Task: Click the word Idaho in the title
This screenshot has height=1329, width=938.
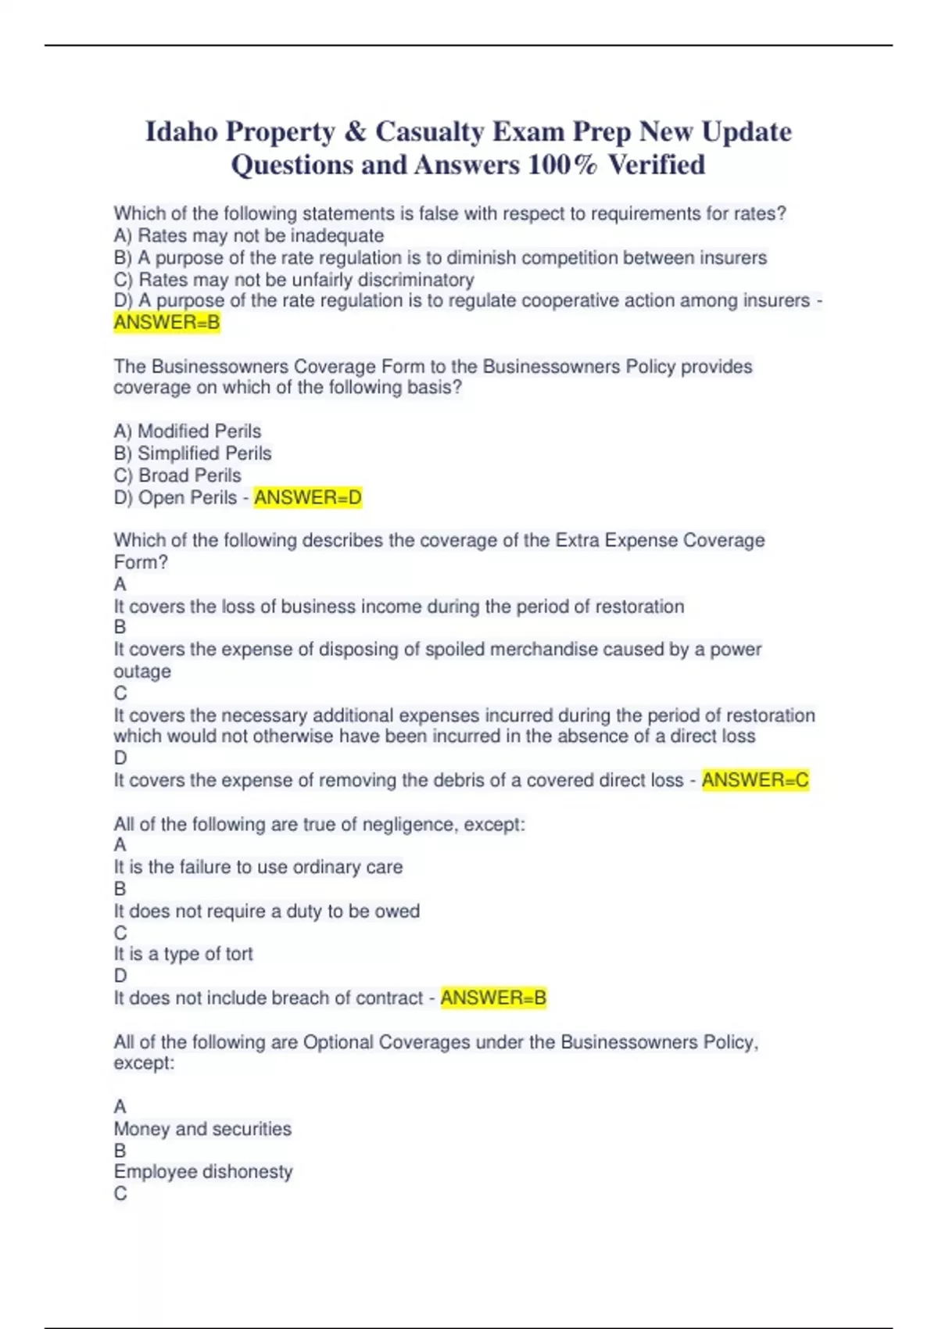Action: (181, 131)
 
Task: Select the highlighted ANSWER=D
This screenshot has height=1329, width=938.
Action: (308, 498)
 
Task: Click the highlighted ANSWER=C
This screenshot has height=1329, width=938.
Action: (755, 780)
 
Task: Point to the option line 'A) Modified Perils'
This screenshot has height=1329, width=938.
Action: (188, 432)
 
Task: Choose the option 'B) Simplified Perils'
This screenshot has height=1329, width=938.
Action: (192, 453)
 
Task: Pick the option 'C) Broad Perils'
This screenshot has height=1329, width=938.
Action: (177, 475)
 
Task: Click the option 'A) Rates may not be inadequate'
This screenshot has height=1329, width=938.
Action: (249, 236)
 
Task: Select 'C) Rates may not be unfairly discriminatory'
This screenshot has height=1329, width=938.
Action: (294, 280)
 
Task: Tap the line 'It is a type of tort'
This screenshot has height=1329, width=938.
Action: (183, 955)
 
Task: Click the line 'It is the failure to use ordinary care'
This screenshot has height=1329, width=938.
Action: (258, 868)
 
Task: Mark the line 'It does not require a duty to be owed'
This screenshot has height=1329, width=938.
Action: (267, 912)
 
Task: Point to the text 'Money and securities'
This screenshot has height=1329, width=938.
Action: (202, 1130)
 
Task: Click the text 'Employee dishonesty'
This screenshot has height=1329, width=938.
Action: (203, 1172)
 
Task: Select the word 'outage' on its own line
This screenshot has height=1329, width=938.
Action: (142, 672)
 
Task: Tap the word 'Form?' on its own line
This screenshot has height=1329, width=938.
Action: (141, 562)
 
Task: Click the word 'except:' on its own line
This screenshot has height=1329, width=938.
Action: (144, 1063)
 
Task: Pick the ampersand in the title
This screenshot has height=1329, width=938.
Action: (354, 131)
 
